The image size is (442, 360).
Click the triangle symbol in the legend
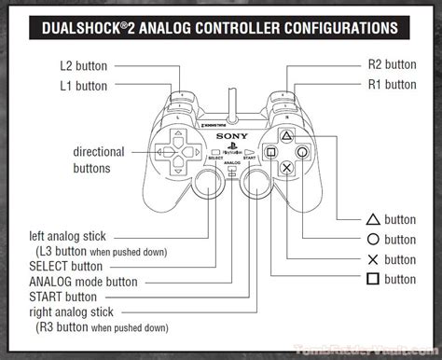click(371, 220)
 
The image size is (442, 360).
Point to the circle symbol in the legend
click(371, 240)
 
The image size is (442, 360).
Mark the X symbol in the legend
click(371, 259)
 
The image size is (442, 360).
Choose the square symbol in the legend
click(371, 279)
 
